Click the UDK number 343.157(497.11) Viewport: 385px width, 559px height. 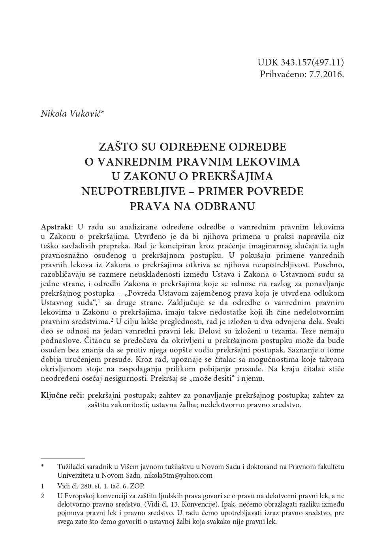[312, 62]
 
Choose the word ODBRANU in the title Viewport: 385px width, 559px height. [227, 206]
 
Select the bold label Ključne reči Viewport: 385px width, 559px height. [62, 395]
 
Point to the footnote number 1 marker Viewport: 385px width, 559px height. [42, 486]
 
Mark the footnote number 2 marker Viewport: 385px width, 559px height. [42, 496]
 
